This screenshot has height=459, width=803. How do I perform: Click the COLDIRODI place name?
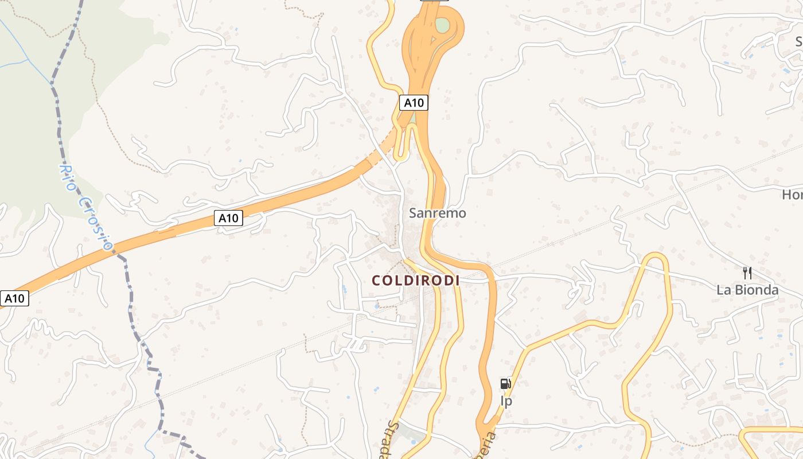(x=416, y=281)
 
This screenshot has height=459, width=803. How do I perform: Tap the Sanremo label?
(x=437, y=213)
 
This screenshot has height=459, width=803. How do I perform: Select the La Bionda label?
(x=747, y=290)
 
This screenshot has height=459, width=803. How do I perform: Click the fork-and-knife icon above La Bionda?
(x=747, y=273)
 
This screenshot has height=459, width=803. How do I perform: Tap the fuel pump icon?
(x=505, y=384)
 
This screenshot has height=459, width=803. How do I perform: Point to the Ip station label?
(x=506, y=401)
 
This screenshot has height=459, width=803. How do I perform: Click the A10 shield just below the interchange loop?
(x=414, y=103)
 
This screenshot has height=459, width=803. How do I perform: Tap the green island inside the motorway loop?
(x=442, y=25)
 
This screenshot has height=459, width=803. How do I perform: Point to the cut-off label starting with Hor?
(x=792, y=195)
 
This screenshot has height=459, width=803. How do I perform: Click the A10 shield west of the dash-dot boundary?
(x=14, y=298)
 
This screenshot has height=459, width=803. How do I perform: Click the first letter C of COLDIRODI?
(x=376, y=281)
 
